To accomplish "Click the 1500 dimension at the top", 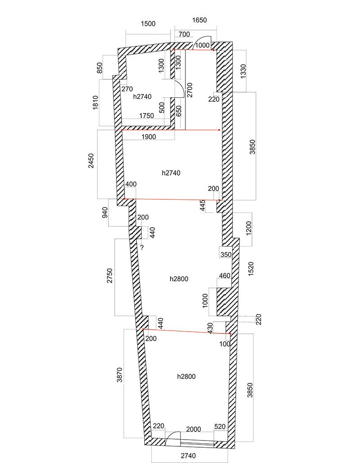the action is coord(148,23).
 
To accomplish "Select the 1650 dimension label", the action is coord(199,20).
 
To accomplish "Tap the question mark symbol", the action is coord(142,248).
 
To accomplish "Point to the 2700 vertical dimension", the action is coord(189,90).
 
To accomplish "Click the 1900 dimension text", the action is coord(148,137).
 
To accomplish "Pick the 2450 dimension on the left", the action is coord(91,161).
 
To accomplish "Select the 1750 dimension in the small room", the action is coord(147,116).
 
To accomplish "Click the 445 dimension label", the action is coord(202,206).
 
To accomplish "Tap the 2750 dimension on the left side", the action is coord(109,275).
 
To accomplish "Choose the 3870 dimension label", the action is coord(119,375).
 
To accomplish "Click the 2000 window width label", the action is coord(193,429).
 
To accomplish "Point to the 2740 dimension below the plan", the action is coord(188,456).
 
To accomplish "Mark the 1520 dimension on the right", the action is coord(251,269).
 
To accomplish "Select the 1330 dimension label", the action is coord(243,72).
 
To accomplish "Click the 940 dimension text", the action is coord(105,212).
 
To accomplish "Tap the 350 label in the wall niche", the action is coord(226,255).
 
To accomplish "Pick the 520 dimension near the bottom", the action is coord(220,427).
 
